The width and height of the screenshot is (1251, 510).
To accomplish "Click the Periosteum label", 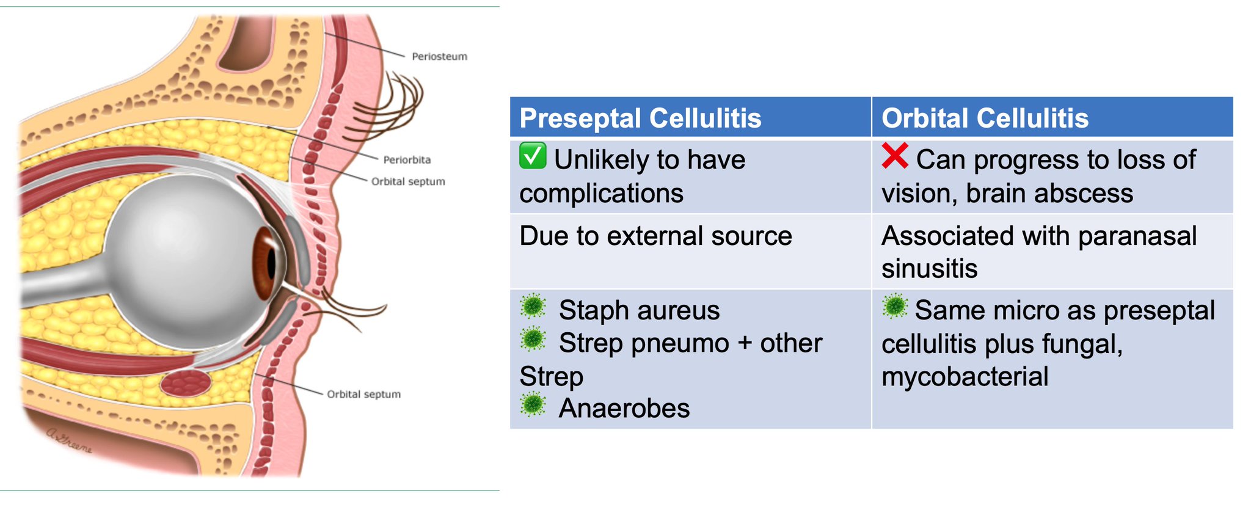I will click(439, 56).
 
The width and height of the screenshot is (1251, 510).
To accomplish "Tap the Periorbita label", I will click(407, 159).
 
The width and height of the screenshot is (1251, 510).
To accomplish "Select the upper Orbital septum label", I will click(408, 181).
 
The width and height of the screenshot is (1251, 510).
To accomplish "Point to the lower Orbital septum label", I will click(363, 394).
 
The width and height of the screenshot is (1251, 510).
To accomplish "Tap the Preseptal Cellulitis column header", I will click(640, 118).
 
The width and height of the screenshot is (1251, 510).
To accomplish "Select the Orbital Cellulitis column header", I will click(985, 118).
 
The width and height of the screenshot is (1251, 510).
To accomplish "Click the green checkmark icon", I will click(533, 156).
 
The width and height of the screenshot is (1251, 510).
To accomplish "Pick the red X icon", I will click(895, 156).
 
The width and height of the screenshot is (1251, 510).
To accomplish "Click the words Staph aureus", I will click(639, 310).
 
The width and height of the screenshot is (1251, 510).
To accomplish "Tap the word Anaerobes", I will click(624, 408).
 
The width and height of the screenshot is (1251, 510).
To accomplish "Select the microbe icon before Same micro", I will click(895, 306).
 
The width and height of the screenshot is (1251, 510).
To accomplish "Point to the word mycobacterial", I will click(965, 376).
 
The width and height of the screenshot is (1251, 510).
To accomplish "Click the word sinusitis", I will click(929, 269).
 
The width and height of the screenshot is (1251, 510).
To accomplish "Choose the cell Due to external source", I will click(655, 236).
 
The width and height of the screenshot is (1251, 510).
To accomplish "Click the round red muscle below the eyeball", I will click(186, 384).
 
